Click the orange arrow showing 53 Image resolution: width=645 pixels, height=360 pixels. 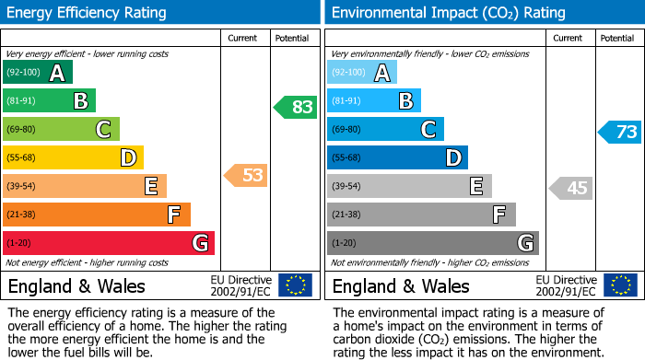[246, 175]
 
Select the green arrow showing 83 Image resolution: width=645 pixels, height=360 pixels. [296, 107]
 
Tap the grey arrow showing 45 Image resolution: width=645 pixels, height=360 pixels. [570, 189]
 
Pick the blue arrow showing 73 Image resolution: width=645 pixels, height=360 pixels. [620, 132]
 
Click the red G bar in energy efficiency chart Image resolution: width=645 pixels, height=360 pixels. [109, 243]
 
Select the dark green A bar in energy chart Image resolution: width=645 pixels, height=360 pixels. [38, 73]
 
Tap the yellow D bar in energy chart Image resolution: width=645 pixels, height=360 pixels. [73, 158]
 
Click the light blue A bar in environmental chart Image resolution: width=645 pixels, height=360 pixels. [362, 73]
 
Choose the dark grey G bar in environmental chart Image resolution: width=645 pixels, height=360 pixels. [432, 243]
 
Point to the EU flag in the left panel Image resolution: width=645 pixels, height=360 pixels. [295, 285]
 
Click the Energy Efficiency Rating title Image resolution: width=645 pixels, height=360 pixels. [88, 13]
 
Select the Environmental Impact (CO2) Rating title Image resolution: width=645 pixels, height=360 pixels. [448, 13]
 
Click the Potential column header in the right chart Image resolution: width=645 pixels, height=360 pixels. [616, 38]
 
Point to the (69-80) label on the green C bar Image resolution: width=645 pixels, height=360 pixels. [23, 130]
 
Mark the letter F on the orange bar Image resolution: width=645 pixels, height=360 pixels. [173, 215]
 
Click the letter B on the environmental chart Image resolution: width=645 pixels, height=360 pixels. [405, 101]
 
